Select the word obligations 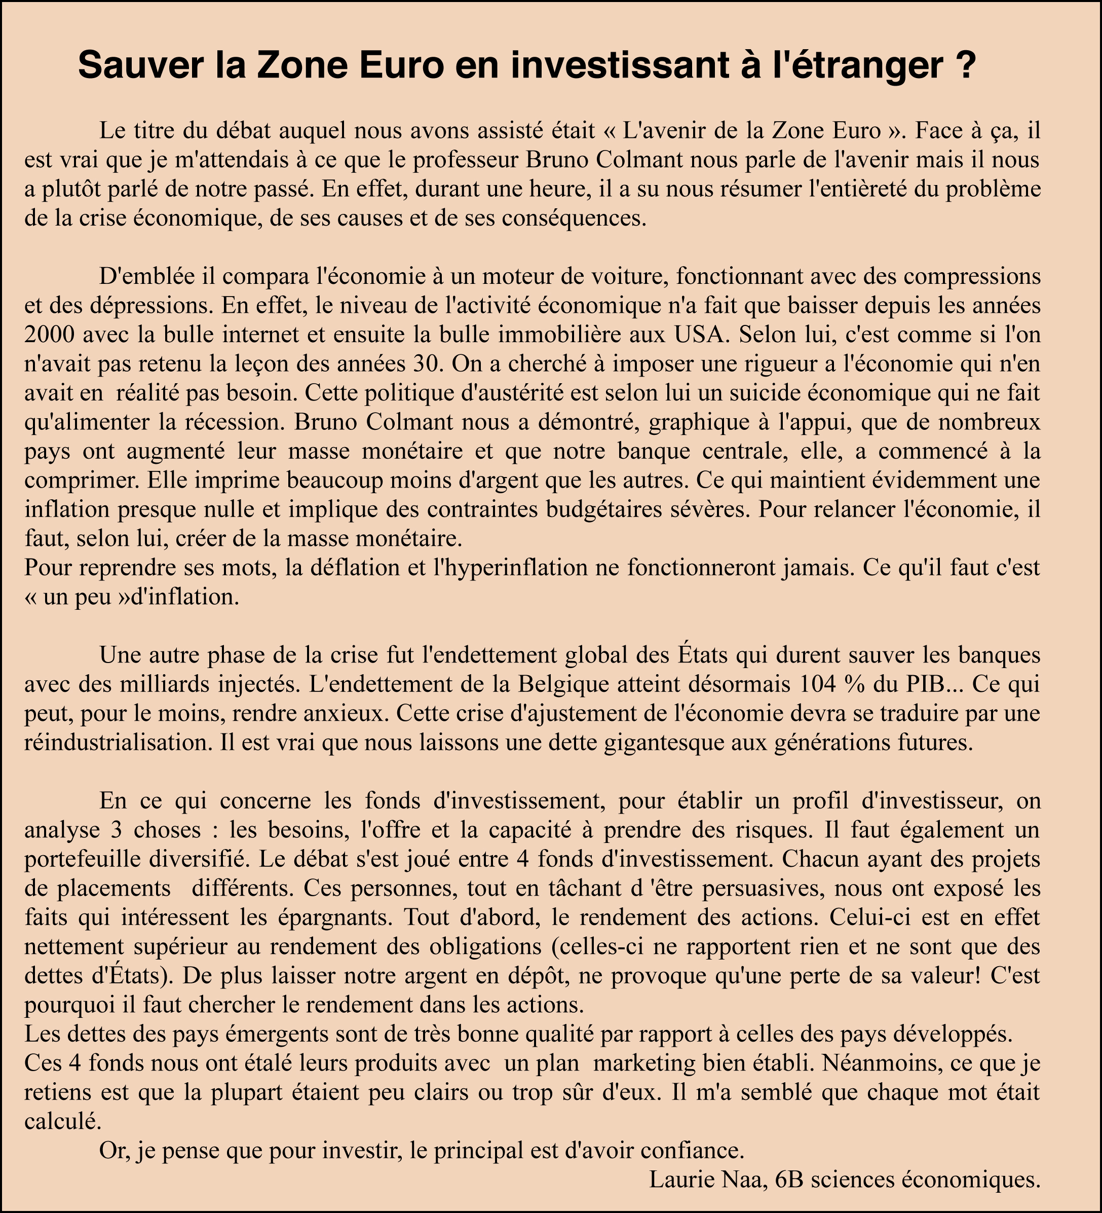coord(486,946)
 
